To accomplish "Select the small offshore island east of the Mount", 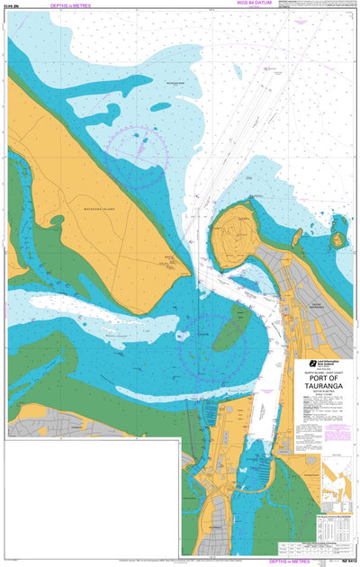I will tap(338, 239).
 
